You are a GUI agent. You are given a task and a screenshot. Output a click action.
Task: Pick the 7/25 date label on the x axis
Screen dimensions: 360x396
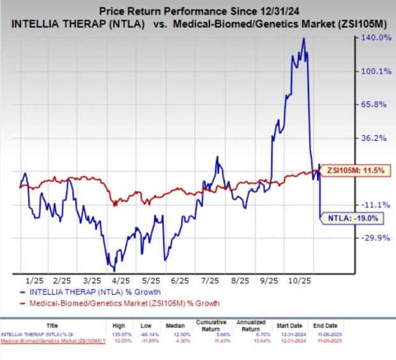[209, 281]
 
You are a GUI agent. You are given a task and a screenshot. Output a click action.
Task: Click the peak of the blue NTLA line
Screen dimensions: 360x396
[303, 38]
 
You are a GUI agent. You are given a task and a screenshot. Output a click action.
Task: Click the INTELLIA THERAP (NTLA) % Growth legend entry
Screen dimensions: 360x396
[75, 292]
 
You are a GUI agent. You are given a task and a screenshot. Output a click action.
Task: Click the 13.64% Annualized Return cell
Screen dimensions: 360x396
[251, 340]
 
